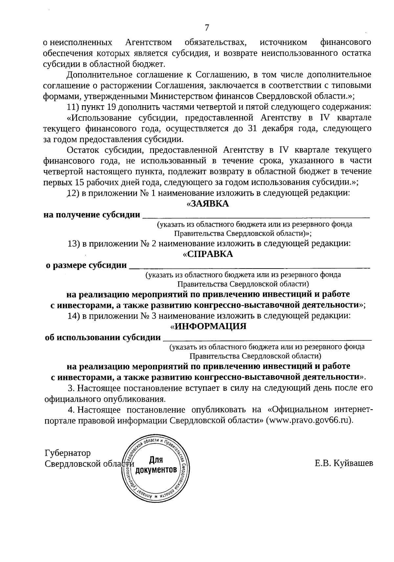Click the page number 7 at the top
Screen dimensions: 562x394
[207, 28]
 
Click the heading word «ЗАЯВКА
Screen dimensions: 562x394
[208, 204]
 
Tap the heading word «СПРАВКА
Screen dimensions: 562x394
[208, 254]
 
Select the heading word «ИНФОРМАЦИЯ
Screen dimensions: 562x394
[208, 327]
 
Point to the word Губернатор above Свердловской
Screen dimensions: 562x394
[67, 453]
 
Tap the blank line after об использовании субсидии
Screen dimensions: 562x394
[267, 339]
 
